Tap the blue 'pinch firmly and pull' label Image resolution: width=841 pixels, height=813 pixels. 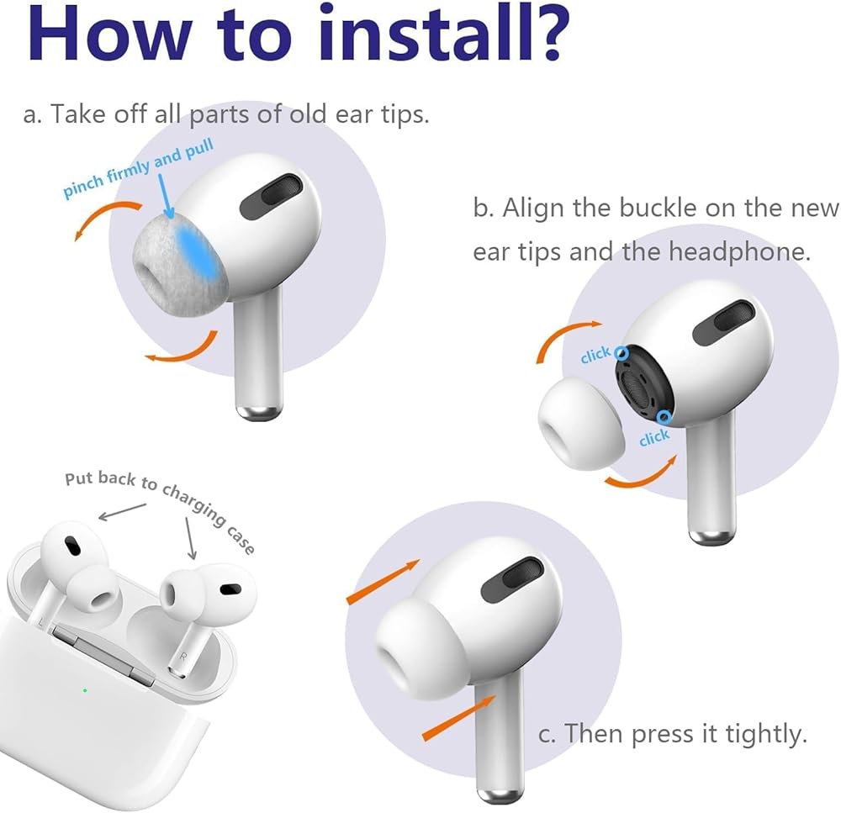pos(139,168)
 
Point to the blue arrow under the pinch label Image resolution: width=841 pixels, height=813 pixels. pos(164,196)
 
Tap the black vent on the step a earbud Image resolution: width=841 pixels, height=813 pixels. pos(271,196)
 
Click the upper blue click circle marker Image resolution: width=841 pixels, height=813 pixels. pos(621,353)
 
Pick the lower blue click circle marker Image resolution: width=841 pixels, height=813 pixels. pos(664,417)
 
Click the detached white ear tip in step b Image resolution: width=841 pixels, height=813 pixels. pos(581,423)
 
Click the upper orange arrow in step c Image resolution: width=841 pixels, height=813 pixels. pos(383,582)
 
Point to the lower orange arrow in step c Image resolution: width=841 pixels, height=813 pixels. pos(459,717)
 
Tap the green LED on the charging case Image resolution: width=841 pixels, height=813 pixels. pos(85,690)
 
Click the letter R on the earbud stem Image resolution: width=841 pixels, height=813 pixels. pos(184,655)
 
